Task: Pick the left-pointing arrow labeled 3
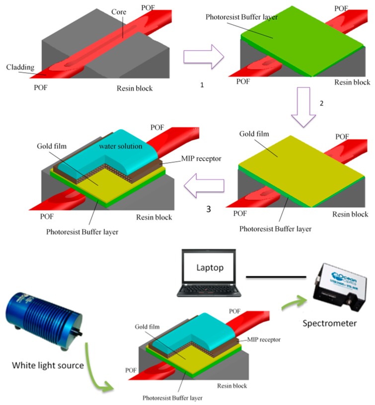click(204, 185)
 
